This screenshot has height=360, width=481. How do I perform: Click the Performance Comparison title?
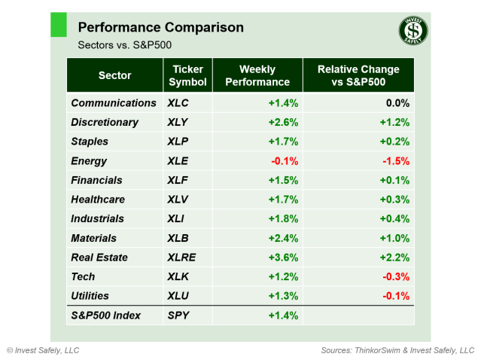[161, 28]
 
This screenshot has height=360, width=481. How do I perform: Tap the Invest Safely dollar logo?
[413, 31]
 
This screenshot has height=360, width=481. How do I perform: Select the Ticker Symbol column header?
[187, 75]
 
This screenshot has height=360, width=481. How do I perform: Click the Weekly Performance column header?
[257, 75]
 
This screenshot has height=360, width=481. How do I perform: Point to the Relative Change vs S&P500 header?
[358, 75]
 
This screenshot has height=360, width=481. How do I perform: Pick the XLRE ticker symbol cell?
[184, 258]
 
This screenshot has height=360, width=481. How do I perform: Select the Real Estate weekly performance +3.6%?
[283, 258]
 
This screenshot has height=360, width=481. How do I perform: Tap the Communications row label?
[114, 103]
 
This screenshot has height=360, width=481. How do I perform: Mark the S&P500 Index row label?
[106, 316]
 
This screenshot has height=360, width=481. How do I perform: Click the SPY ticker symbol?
[180, 316]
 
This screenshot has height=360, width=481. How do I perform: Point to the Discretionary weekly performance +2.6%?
[283, 122]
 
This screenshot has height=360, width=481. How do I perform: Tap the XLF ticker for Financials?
[179, 181]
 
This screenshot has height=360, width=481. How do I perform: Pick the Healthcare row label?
[98, 200]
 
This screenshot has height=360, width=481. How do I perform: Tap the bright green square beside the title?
[59, 25]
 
